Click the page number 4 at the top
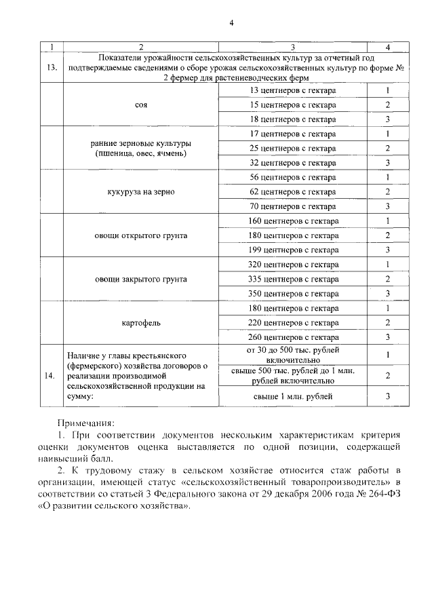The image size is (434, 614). tap(231, 22)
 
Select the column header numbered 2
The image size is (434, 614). tap(141, 47)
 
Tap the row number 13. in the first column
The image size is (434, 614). tap(52, 68)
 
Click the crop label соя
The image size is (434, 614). tap(141, 105)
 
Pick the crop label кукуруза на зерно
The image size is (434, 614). tap(141, 192)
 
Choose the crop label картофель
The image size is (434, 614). tap(141, 322)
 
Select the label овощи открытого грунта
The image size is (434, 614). tap(141, 235)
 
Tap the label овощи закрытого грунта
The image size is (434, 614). tap(141, 279)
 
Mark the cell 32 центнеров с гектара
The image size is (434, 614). tap(293, 163)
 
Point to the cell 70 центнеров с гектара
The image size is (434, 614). tap(293, 206)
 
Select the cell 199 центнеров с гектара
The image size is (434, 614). tap(293, 250)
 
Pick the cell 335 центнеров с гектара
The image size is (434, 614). tap(293, 279)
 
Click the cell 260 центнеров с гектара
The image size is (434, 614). tap(293, 337)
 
